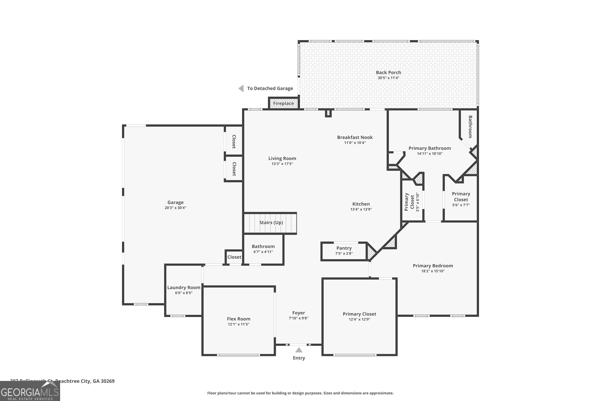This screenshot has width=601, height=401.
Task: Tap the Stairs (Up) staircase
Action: click(x=270, y=223)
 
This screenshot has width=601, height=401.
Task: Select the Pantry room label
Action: click(x=344, y=248)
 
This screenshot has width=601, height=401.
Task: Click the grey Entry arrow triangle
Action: click(x=299, y=350)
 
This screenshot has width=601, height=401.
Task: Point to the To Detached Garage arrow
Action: click(x=241, y=88)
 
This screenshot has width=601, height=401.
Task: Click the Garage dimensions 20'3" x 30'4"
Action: click(x=175, y=208)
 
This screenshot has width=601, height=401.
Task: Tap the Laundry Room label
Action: click(x=184, y=288)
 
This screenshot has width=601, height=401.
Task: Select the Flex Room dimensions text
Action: click(x=238, y=324)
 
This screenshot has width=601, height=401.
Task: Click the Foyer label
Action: click(x=298, y=313)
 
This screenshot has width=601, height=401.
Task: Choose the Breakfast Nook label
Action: click(x=355, y=137)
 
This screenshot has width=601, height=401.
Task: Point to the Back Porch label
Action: click(x=388, y=73)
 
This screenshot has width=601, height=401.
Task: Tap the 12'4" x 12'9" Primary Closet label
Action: click(x=359, y=316)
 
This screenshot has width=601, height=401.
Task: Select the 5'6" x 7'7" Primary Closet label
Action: click(x=461, y=199)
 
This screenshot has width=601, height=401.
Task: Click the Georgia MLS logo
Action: click(x=30, y=392)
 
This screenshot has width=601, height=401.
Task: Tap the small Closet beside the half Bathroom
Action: click(x=234, y=257)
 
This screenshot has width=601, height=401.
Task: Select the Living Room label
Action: click(x=282, y=159)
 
